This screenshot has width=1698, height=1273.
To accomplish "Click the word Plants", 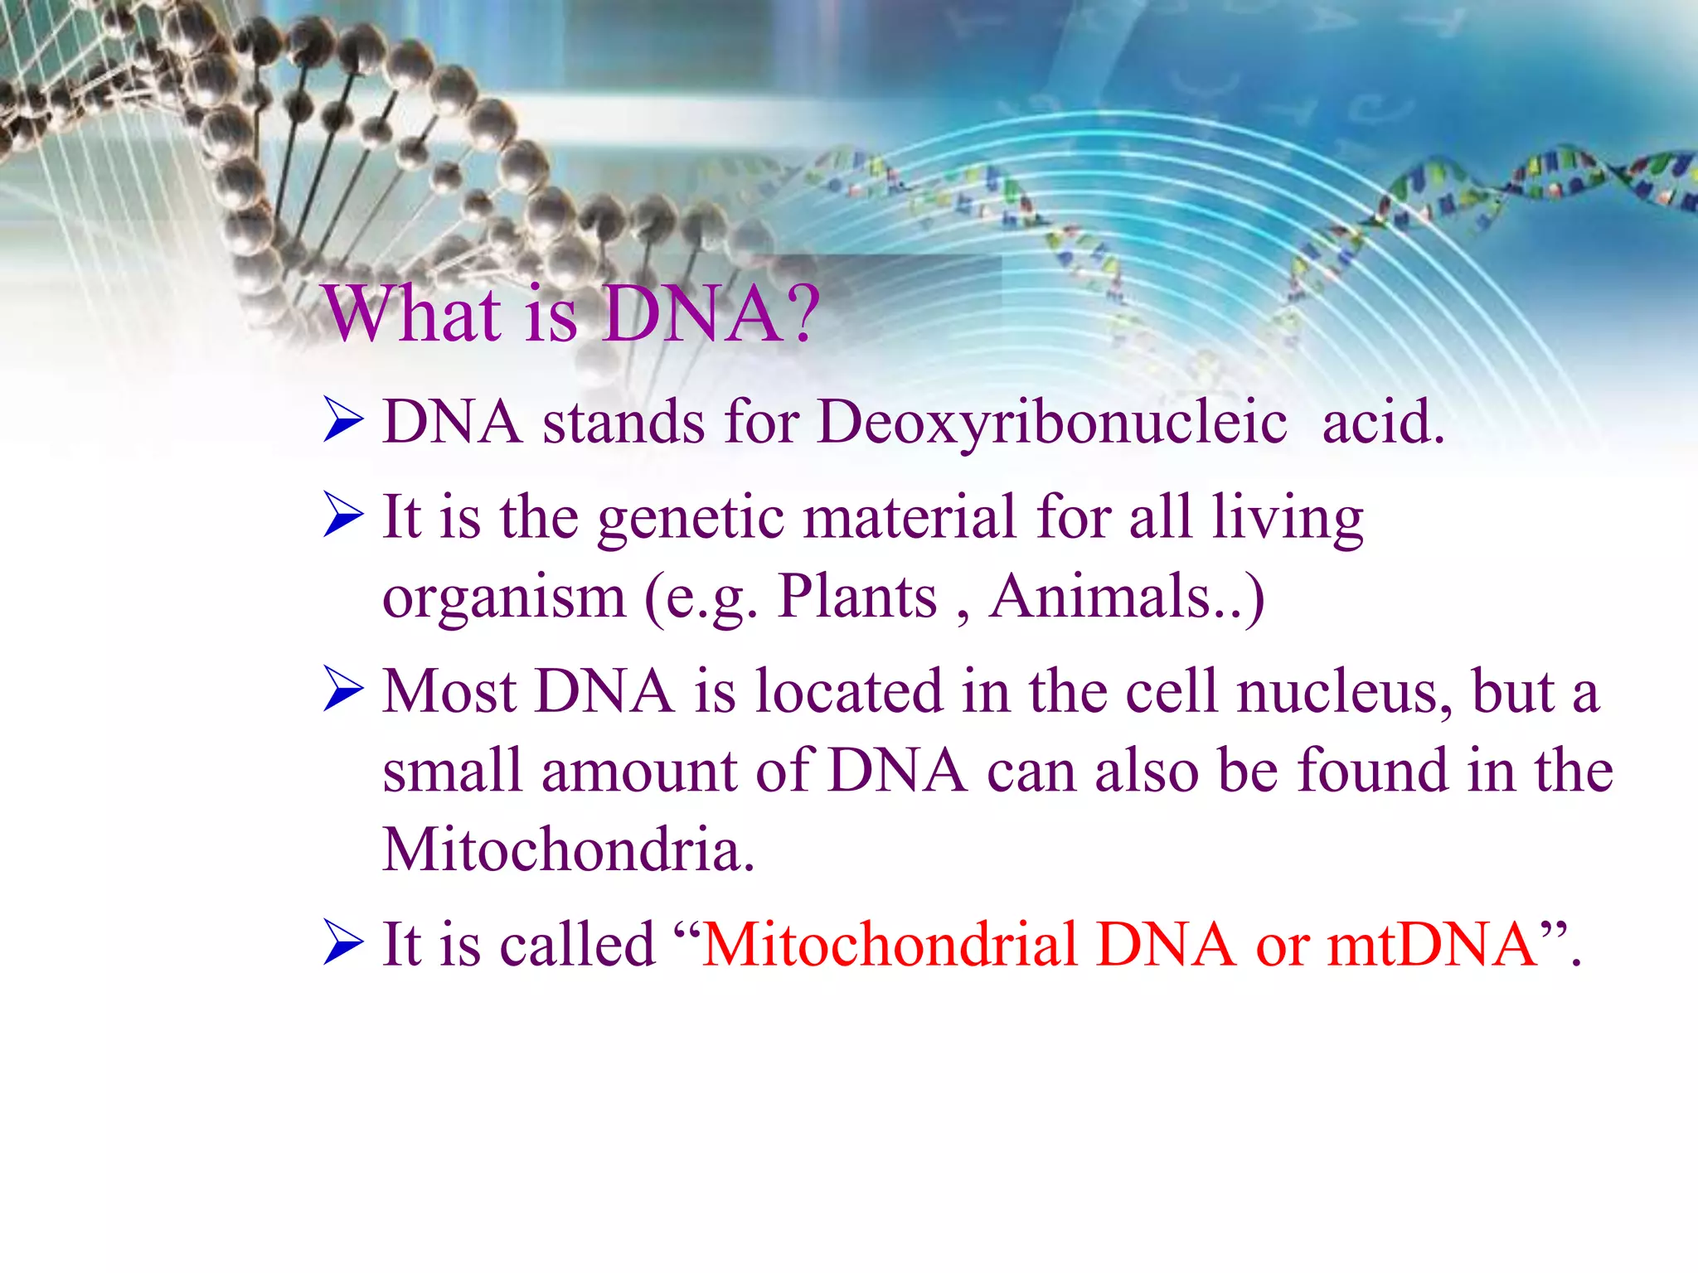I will [x=857, y=597].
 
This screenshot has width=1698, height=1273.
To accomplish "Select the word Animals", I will [x=1103, y=597].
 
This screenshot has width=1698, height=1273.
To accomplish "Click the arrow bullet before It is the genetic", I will [x=342, y=515].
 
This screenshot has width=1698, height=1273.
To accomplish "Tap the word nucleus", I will [x=1343, y=691].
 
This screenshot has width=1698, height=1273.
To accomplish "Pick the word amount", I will [x=638, y=772].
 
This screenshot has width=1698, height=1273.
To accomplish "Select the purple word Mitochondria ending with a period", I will [x=568, y=850].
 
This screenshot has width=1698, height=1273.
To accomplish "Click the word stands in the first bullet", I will [x=623, y=423].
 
